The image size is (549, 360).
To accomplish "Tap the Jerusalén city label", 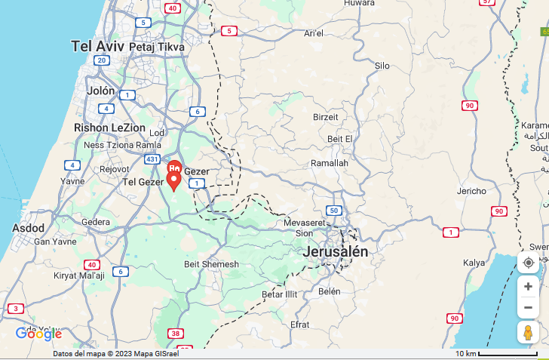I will click(336, 252).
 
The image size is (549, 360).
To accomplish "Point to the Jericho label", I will click(472, 191).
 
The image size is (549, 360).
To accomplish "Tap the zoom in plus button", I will click(528, 287).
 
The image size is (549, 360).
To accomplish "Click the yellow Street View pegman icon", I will click(528, 333).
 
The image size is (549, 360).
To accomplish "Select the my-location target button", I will click(528, 263).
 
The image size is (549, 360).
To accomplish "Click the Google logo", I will click(38, 334).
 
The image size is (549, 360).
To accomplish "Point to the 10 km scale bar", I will click(507, 353).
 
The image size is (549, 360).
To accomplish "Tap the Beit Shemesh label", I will click(211, 264).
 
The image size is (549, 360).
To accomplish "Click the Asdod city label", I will click(29, 228).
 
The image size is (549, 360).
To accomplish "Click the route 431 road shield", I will click(152, 159).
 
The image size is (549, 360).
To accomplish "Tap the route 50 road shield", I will click(333, 210).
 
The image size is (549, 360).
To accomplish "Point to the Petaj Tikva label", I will click(157, 47).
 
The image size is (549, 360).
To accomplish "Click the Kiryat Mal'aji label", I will click(79, 275).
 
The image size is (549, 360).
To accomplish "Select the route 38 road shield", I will click(176, 334).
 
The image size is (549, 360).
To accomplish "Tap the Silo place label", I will click(382, 66).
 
